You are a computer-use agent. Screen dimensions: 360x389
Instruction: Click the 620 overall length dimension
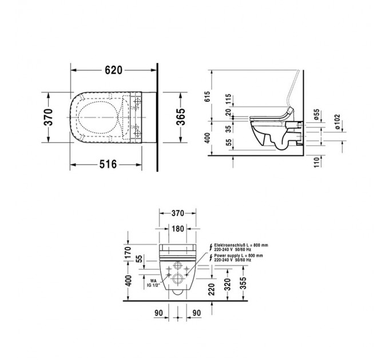point(114,70)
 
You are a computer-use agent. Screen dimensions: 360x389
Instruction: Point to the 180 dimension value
point(177,229)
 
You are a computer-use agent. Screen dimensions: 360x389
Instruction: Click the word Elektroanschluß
point(233,244)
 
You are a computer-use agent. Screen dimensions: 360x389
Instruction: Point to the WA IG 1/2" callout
point(152,283)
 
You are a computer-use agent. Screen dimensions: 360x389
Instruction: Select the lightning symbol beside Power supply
point(210,256)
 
